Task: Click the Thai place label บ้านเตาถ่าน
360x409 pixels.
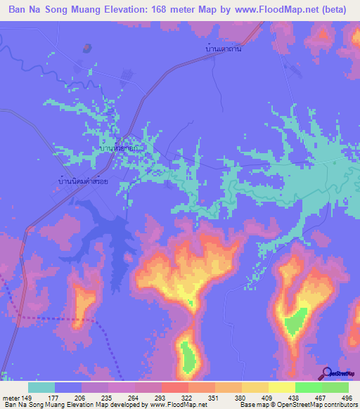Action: [x=223, y=50]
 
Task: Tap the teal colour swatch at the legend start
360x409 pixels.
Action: [x=41, y=387]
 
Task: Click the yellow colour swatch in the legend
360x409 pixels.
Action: [x=281, y=387]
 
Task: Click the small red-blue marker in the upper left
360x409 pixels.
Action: [x=86, y=48]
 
